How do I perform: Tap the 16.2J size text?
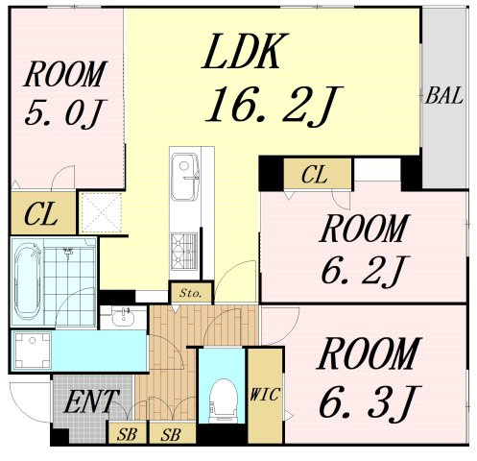pyautogui.click(x=274, y=106)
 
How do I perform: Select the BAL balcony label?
pyautogui.click(x=444, y=95)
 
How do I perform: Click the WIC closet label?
pyautogui.click(x=265, y=395)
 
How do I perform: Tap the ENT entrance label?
pyautogui.click(x=91, y=401)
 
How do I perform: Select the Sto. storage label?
pyautogui.click(x=191, y=293)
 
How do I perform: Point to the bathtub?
pyautogui.click(x=28, y=281)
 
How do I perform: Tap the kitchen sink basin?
pyautogui.click(x=184, y=177)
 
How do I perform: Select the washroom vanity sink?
pyautogui.click(x=123, y=317)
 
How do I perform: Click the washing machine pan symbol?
pyautogui.click(x=33, y=351)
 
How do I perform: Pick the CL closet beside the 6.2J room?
pyautogui.click(x=315, y=175)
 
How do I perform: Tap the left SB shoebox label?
pyautogui.click(x=127, y=434)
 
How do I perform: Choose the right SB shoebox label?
pyautogui.click(x=171, y=434)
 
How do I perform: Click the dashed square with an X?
pyautogui.click(x=101, y=212)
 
